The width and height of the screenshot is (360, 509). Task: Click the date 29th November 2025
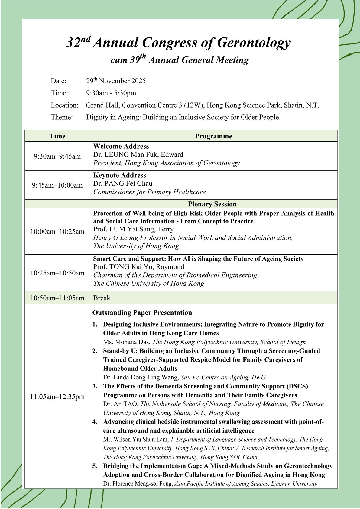click(116, 81)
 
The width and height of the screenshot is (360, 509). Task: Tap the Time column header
click(57, 136)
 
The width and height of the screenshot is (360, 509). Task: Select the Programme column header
click(213, 136)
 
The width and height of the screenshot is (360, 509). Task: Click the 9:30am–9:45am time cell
click(57, 156)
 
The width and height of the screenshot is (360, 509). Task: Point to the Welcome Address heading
click(121, 146)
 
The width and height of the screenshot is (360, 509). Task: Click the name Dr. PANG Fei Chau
click(123, 184)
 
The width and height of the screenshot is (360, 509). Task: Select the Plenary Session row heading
click(212, 204)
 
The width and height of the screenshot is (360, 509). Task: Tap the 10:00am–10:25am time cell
click(57, 232)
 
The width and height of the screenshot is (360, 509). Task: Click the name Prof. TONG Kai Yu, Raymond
click(138, 267)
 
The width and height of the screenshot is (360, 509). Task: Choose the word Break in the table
click(102, 298)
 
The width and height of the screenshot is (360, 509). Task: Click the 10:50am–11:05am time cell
click(57, 298)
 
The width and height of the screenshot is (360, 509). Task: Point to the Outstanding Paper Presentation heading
click(142, 313)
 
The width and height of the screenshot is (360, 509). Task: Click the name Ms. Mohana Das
click(127, 342)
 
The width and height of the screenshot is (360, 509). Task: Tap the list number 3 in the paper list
click(95, 386)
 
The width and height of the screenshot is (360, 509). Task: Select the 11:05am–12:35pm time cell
click(57, 397)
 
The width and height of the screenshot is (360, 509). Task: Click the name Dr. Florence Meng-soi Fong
click(138, 484)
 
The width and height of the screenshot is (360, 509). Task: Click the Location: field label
click(64, 105)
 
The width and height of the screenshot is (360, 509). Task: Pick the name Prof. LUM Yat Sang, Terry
click(133, 229)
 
